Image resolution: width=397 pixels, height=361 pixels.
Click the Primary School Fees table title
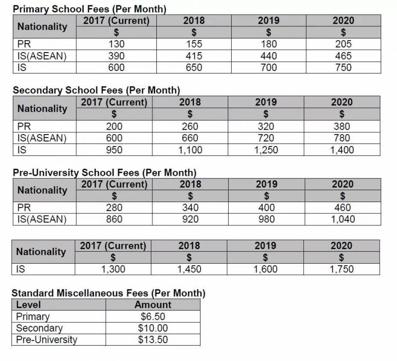[x=89, y=9]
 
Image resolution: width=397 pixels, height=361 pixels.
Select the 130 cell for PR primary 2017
[x=116, y=44]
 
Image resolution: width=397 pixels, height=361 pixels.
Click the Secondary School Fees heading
[x=96, y=90]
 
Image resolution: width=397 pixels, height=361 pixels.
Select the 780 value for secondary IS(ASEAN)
[x=342, y=138]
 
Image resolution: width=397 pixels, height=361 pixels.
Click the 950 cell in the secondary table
[x=114, y=149]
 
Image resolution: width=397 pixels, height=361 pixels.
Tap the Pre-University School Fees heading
[x=104, y=173]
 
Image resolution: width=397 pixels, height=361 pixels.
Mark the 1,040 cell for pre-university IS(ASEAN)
[x=342, y=219]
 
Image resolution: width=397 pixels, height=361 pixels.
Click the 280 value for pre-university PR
[x=114, y=208]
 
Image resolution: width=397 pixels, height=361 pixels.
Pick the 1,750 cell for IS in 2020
[x=342, y=269]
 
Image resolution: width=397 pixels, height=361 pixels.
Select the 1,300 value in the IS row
[x=113, y=269]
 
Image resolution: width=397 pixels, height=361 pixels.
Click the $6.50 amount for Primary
[x=153, y=316]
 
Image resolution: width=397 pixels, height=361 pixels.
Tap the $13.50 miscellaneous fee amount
[x=153, y=340]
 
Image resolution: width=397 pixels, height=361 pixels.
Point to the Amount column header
[x=153, y=304]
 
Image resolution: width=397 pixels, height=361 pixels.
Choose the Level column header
[x=28, y=304]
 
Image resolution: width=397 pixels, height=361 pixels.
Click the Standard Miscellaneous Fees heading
[x=108, y=293]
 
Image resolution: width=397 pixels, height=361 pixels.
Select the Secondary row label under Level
[x=39, y=328]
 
